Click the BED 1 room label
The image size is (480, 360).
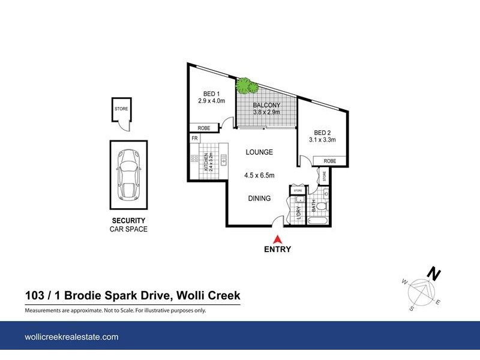211,94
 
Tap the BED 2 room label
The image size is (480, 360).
322,133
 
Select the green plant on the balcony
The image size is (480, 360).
246,86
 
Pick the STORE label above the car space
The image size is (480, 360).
121,109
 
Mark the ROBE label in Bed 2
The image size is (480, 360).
329,161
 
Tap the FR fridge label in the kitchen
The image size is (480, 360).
194,139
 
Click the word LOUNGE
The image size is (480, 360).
259,152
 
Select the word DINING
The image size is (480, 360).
259,199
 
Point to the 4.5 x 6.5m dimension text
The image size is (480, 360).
259,176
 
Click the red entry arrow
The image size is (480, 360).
277,238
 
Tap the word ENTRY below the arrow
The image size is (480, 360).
277,250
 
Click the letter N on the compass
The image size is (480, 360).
433,274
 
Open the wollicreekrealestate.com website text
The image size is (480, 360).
71,337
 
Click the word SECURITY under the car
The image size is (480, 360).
128,221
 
